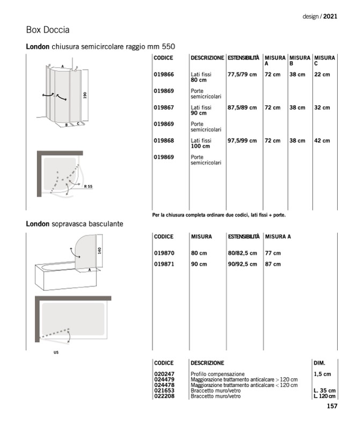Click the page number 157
pos(332,406)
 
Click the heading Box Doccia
pos(48,29)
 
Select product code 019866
pos(164,74)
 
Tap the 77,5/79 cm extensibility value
pos(242,74)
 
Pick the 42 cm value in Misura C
pos(322,141)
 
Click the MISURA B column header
pos(300,61)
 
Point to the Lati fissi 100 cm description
pos(201,143)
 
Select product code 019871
pos(164,264)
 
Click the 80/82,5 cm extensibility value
pos(242,253)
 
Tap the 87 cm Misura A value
pos(273,264)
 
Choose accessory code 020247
pos(164,373)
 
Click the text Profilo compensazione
pos(217,373)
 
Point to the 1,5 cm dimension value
pos(322,373)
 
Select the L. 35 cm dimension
pos(325,391)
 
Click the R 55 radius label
pos(89,186)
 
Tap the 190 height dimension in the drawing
pos(85,95)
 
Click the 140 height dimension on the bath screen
pos(99,250)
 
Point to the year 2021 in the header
pos(330,17)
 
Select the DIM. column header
pos(319,363)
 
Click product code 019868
pos(164,141)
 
